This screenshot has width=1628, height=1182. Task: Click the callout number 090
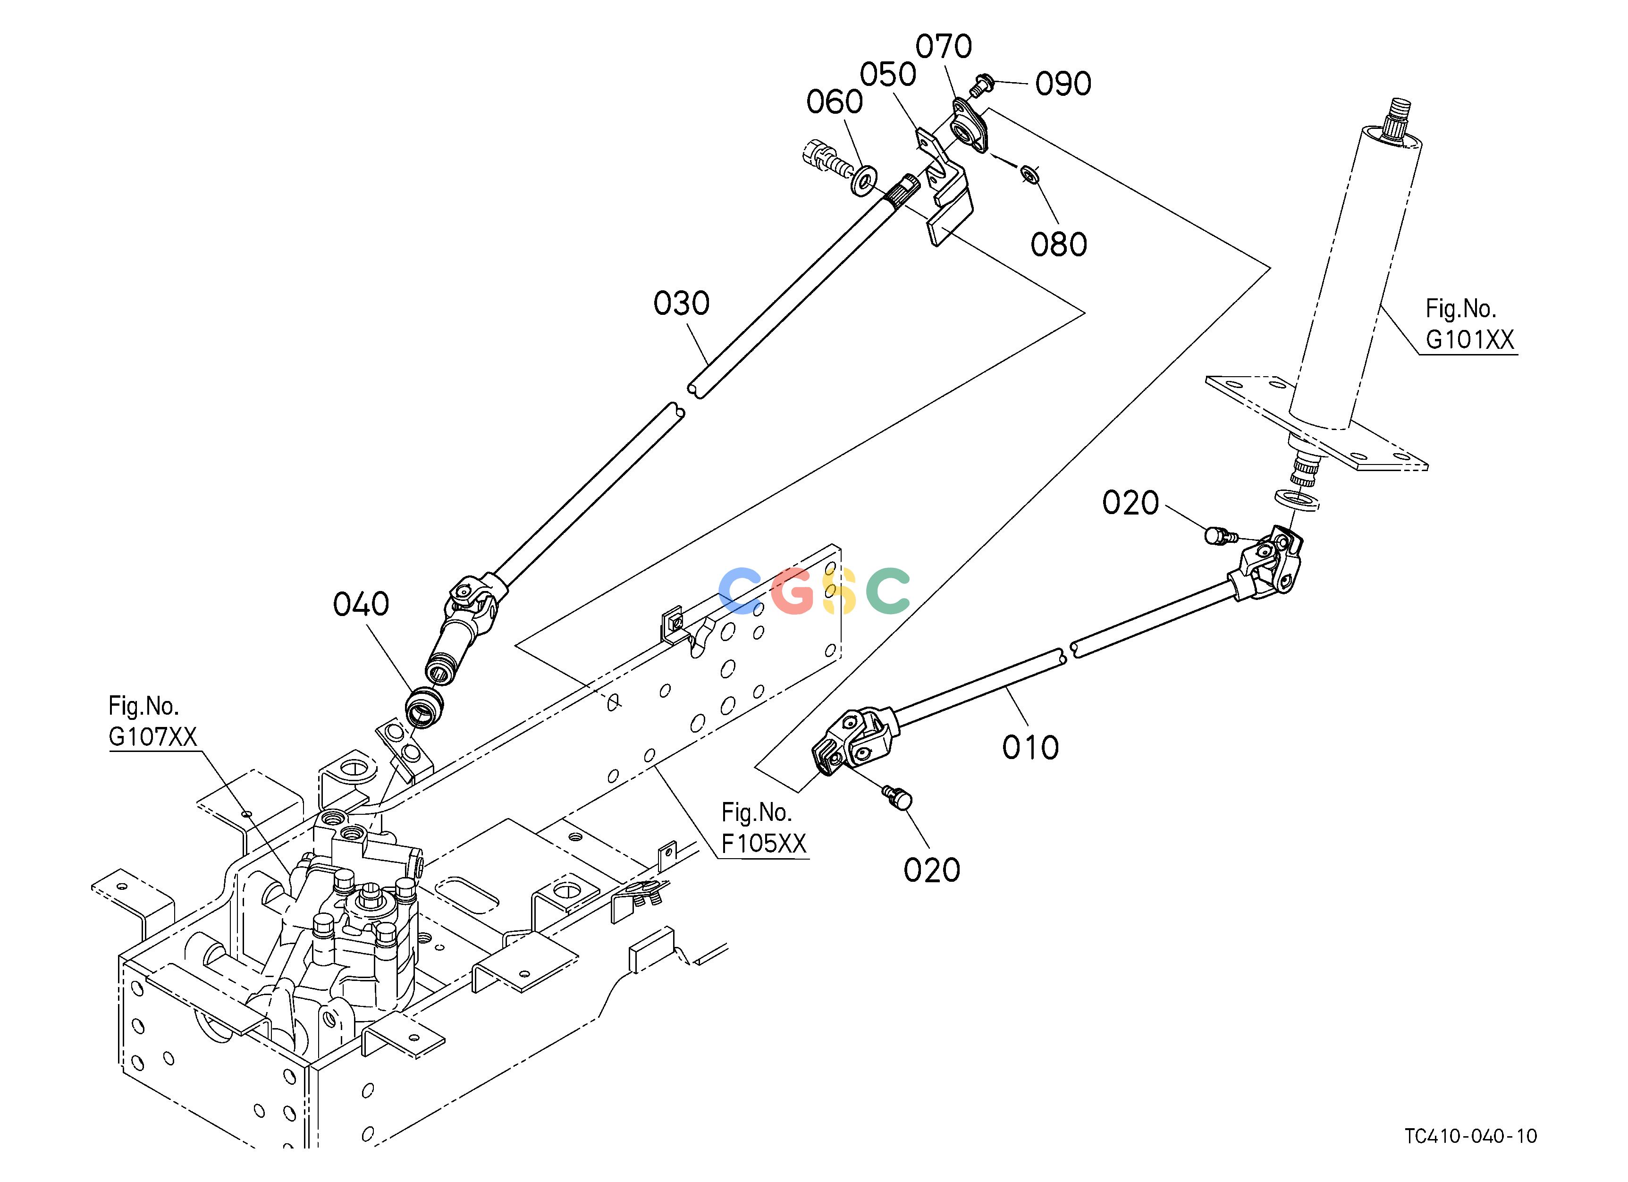point(1063,84)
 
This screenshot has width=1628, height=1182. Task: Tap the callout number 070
point(944,47)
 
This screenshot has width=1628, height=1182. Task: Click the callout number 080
point(1059,245)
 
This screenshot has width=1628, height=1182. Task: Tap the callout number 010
point(1031,748)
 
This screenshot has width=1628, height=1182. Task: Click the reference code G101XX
point(1470,339)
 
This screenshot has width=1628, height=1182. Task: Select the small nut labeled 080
point(1031,174)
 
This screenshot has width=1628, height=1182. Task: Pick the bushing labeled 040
point(424,707)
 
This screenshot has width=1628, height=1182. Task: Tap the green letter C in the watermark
point(888,590)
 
